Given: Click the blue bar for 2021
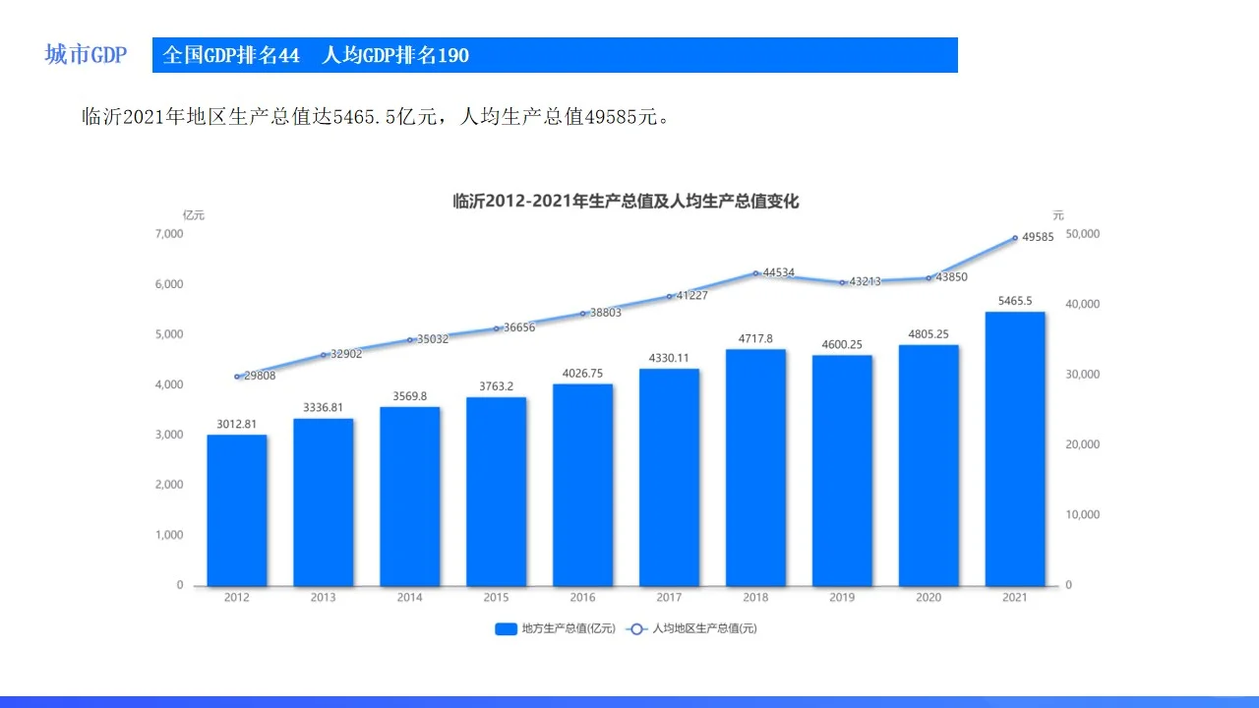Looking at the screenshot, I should click(1015, 448).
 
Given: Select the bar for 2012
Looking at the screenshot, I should click(237, 510).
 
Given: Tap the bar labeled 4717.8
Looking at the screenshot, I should click(755, 468).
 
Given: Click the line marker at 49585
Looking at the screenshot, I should click(1015, 238).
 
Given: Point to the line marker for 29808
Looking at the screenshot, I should click(237, 377).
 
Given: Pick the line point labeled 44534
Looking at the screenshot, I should click(755, 273).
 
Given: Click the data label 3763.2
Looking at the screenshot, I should click(496, 386).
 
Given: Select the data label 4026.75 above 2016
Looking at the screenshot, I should click(582, 374).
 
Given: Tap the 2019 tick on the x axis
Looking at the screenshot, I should click(842, 598).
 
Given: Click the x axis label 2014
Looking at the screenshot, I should click(409, 598).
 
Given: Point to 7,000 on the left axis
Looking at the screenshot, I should click(168, 234).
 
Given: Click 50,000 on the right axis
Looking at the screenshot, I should click(1083, 234).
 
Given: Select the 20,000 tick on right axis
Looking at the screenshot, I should click(1083, 444).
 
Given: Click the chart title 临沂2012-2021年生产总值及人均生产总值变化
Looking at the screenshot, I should click(626, 202).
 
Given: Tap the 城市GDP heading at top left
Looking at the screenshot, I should click(86, 55).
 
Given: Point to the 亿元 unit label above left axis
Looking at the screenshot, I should click(193, 215).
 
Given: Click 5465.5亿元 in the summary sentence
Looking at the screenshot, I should click(378, 117).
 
